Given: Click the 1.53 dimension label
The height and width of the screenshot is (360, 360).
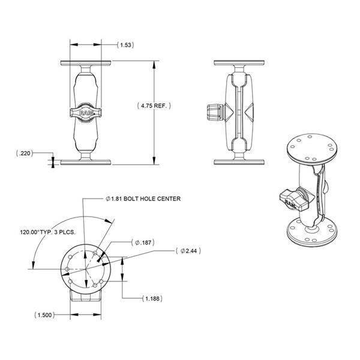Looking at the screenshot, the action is point(125,45).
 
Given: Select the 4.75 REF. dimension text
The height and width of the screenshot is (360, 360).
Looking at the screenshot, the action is point(154,106).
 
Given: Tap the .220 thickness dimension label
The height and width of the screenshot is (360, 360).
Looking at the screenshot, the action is point(25,153).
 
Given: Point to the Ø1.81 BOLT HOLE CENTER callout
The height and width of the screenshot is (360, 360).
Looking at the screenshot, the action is point(143,199).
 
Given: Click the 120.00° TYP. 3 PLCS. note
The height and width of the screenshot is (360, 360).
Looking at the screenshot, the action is point(48,232).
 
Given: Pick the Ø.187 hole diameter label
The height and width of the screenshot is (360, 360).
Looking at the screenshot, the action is point(143,242).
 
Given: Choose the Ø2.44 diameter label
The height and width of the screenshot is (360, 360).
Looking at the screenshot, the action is point(188,251).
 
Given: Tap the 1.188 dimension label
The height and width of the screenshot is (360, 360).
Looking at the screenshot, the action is point(152,299).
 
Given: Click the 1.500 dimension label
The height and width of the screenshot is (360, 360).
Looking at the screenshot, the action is point(45,315).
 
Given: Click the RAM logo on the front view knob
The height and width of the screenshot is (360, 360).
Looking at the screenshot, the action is point(86,113).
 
